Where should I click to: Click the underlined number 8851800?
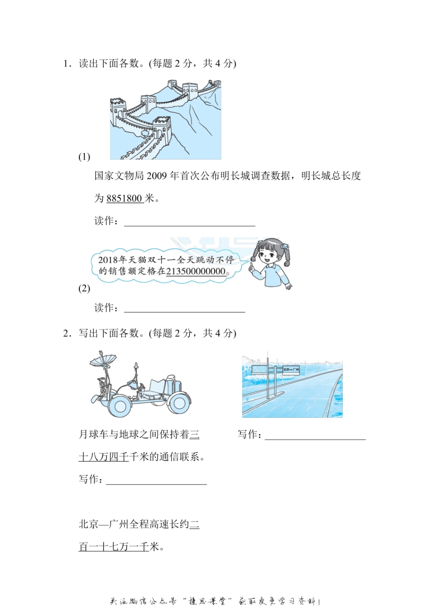[125, 198]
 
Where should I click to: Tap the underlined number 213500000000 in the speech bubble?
[196, 271]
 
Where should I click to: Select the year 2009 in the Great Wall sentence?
[157, 176]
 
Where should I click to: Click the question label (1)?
[84, 157]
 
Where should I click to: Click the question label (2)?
[84, 288]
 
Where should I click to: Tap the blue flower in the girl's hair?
[285, 247]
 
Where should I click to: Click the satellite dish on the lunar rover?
[103, 360]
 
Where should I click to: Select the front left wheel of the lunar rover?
[121, 406]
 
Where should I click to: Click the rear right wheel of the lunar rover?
[179, 403]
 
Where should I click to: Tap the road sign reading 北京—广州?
[290, 369]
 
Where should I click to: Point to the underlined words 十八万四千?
[103, 457]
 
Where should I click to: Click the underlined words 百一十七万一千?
[113, 547]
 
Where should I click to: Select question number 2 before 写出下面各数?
[66, 333]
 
